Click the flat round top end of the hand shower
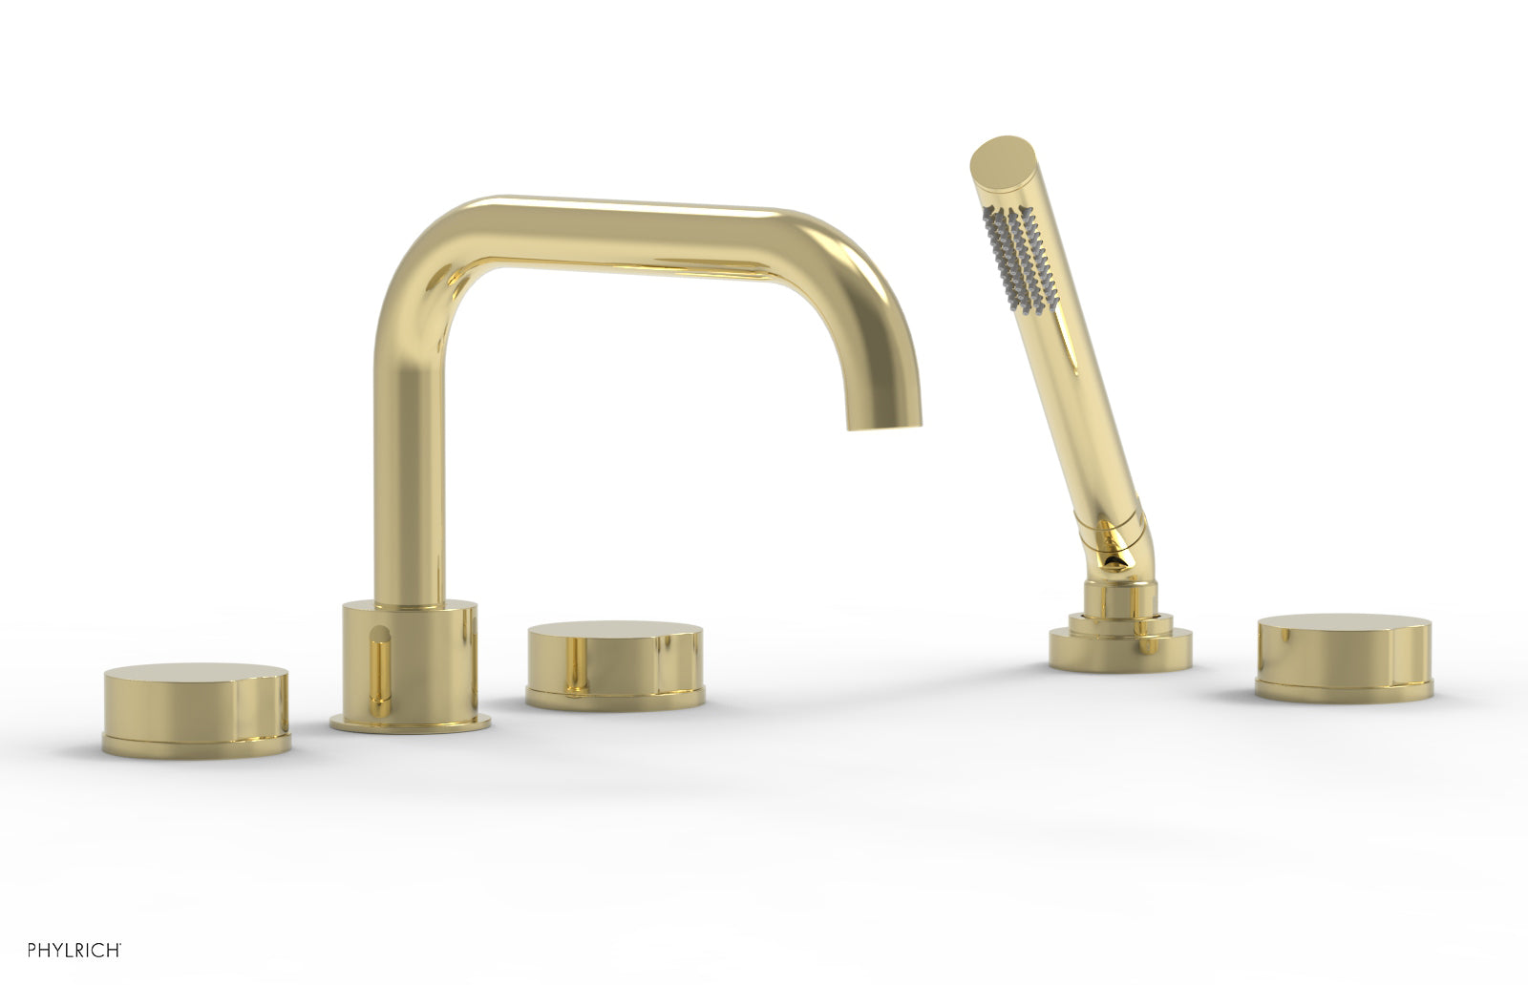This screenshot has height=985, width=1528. point(999,157)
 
